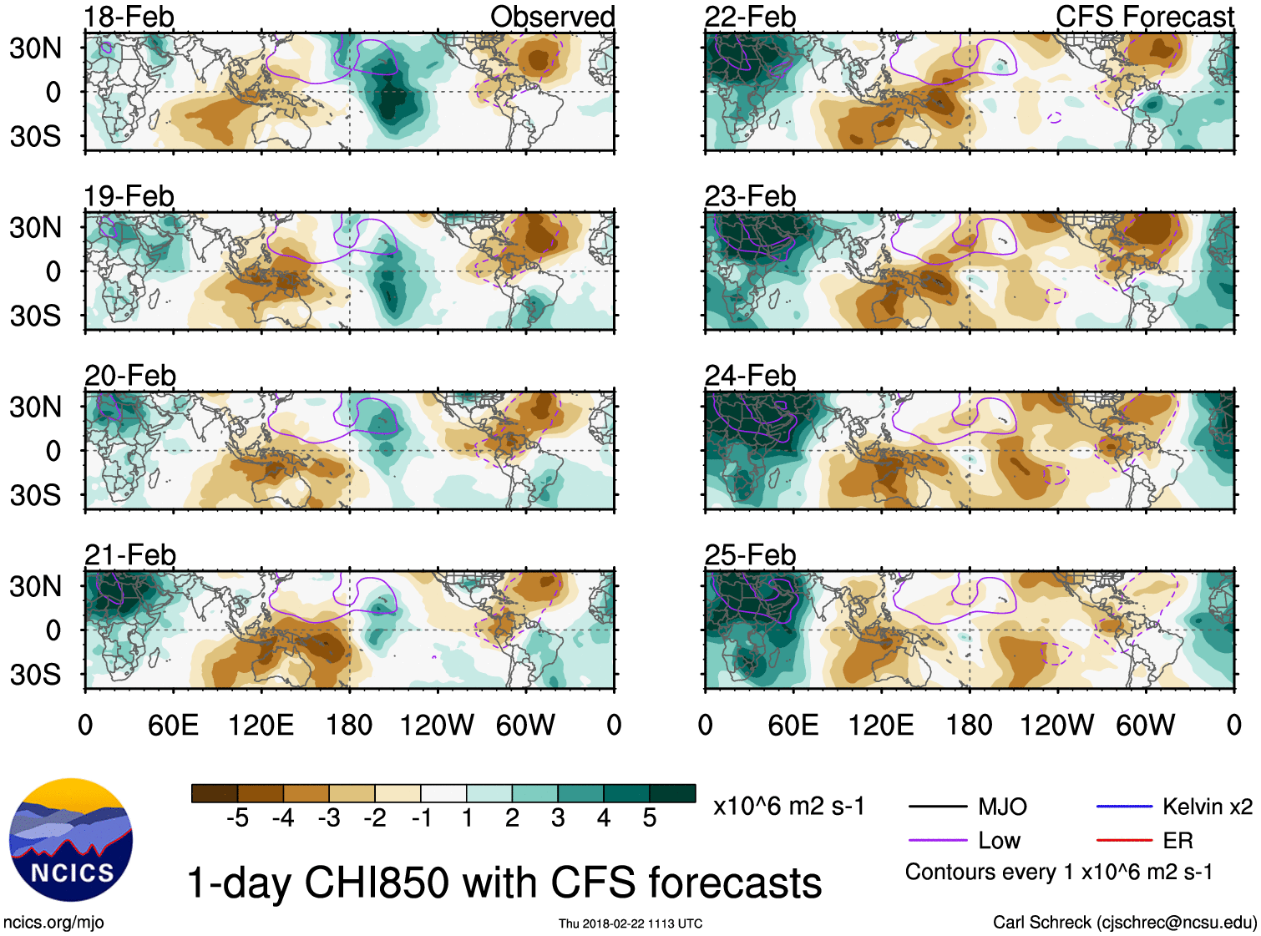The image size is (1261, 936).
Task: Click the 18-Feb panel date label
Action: [x=129, y=17]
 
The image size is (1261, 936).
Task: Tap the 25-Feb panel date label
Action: [x=750, y=555]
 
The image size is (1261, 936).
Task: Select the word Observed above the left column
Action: [x=552, y=17]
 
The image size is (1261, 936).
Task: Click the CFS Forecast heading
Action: [x=1144, y=17]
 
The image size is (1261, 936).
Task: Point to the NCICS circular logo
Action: [x=71, y=840]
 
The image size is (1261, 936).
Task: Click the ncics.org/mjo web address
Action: [x=53, y=923]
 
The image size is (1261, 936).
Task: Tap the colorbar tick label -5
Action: [x=237, y=818]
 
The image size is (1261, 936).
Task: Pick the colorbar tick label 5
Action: [x=650, y=818]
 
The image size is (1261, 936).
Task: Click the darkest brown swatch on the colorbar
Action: [x=215, y=793]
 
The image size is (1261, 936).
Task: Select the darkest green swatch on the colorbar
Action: [x=672, y=793]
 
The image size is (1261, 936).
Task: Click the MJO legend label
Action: [x=1002, y=807]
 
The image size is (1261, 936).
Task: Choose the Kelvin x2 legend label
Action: [x=1207, y=807]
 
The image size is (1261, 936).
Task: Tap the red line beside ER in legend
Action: [x=1124, y=841]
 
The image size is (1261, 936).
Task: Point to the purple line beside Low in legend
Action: [x=937, y=841]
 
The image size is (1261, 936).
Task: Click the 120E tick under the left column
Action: [x=261, y=726]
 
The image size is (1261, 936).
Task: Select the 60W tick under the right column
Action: [x=1145, y=726]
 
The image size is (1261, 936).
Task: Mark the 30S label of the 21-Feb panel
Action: [x=36, y=675]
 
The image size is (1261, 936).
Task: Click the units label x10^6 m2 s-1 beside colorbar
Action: [x=788, y=807]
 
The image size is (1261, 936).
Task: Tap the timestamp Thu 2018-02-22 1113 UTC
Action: [x=630, y=923]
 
